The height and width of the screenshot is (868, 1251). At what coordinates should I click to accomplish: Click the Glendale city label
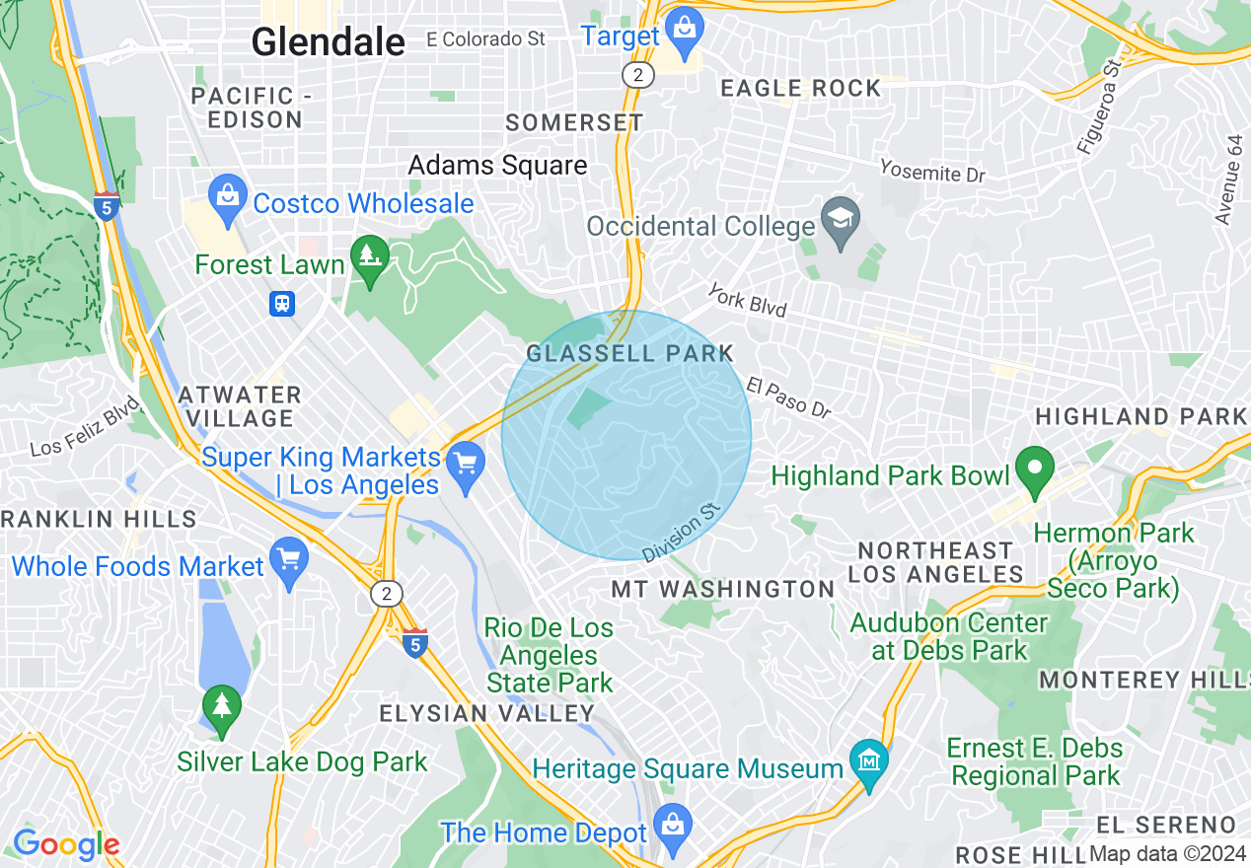[x=328, y=42]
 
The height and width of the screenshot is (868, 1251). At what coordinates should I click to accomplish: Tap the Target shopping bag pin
[x=683, y=29]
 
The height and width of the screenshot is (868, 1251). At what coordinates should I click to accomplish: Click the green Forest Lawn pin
[x=371, y=258]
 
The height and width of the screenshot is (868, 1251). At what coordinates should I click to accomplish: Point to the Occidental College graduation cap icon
[x=841, y=219]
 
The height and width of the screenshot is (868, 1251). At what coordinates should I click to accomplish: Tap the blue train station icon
[x=282, y=303]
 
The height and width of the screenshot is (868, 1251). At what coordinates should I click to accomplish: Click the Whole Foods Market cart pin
[x=289, y=559]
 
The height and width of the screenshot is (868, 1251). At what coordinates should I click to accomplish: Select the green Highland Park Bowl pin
[x=1034, y=469]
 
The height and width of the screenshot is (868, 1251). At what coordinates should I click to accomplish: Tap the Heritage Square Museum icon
[x=869, y=761]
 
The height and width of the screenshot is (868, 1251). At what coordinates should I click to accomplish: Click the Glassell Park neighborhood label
[x=630, y=354]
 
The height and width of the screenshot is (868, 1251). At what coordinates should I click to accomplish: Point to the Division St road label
[x=682, y=533]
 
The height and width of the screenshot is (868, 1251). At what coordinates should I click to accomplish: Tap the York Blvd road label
[x=747, y=301]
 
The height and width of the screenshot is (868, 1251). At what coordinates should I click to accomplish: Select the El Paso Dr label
[x=788, y=397]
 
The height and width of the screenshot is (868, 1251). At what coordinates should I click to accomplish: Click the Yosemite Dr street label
[x=932, y=172]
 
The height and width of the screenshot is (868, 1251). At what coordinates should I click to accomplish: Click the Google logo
[x=66, y=844]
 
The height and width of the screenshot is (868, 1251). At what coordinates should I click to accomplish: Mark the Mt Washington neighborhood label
[x=723, y=590]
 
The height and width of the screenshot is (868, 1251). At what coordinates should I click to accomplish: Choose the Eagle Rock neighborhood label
[x=800, y=89]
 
